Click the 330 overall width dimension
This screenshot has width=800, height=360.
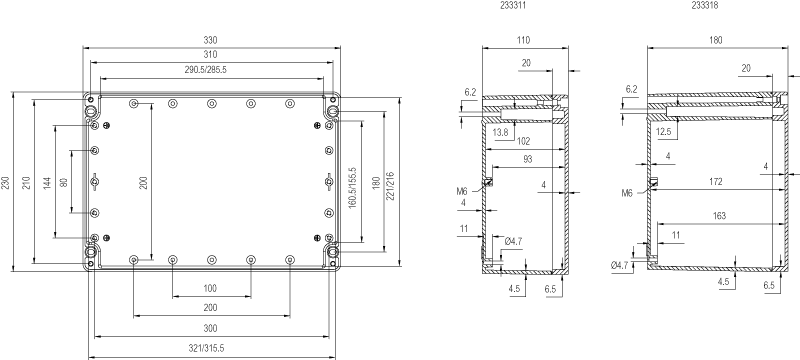[x=210, y=40]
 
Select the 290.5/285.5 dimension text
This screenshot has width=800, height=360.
[x=206, y=70]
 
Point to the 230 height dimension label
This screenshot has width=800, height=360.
[x=5, y=183]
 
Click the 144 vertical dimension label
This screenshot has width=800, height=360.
[x=47, y=183]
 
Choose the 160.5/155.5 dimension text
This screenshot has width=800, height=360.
[x=351, y=187]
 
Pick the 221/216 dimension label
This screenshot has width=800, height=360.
[x=391, y=187]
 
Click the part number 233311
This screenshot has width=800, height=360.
[x=516, y=6]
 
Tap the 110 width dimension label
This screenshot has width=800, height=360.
[x=523, y=40]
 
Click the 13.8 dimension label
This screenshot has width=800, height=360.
[x=501, y=132]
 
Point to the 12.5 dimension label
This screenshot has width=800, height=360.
[x=664, y=132]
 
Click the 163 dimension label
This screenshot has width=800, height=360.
[x=718, y=216]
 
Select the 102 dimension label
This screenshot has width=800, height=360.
[x=523, y=141]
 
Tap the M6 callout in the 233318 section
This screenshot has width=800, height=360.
[x=627, y=193]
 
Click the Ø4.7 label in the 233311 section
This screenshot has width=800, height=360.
[x=513, y=241]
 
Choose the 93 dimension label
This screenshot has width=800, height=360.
[x=528, y=159]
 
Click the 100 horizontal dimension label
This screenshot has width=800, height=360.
[x=210, y=288]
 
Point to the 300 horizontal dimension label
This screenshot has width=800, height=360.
[x=210, y=328]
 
